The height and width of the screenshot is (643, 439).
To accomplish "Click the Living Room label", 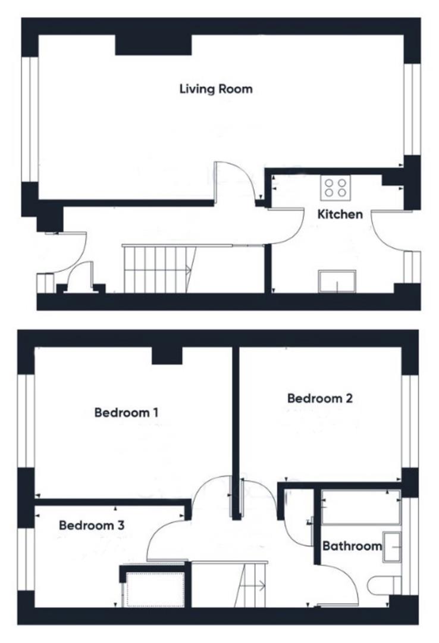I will pos(216,89).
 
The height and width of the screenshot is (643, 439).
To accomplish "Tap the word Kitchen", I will pos(340,214).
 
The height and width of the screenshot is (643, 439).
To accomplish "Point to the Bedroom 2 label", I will pos(319,398).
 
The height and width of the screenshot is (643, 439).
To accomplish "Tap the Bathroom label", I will pos(352,546).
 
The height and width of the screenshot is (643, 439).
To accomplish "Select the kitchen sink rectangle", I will pos(337,282).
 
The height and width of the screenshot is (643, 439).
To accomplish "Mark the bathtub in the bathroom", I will pos(360,507).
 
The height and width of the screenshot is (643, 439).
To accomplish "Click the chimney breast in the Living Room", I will pos(153,45).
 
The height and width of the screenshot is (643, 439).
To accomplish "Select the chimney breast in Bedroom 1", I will pos(166,355).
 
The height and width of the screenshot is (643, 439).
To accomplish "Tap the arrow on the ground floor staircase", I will pos(189,270).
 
